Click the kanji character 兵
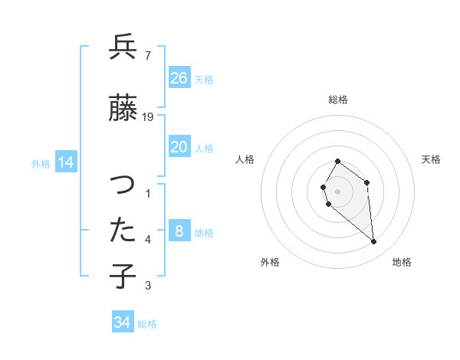pos(123,48)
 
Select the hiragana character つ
pos(123,187)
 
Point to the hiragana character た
pos(123,230)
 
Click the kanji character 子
pos(123,275)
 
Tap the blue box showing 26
pos(179,77)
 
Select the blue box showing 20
pos(179,147)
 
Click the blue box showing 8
pos(179,231)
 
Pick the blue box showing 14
pos(65,162)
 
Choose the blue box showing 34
pos(123,322)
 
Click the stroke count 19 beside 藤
pos(149,116)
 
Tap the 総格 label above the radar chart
pos(338,100)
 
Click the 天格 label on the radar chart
pos(432,159)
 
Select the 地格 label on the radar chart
pos(402,262)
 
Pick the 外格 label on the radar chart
pos(270,262)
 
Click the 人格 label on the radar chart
pos(245,159)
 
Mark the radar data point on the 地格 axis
pos(374,242)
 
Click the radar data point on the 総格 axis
pos(337,162)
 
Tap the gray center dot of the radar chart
pos(337,191)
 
